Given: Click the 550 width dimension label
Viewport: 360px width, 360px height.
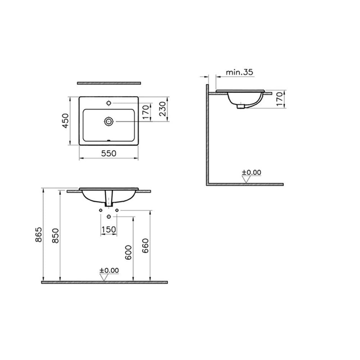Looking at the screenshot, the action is coord(109,153).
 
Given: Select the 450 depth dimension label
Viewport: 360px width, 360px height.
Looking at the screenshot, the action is coord(66,121).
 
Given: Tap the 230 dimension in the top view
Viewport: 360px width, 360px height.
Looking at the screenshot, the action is coord(162,109).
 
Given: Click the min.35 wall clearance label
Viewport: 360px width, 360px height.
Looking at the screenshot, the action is coord(239,72).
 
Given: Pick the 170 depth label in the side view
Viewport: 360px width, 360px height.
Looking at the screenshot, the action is coord(279,99).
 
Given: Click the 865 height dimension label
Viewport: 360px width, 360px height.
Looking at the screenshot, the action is coord(39,234).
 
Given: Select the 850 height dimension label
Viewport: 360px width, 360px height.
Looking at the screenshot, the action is coord(55,235).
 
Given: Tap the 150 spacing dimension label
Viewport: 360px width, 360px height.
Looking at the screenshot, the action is coord(109,229).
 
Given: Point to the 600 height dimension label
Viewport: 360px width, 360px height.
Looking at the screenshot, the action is coord(129,253).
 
